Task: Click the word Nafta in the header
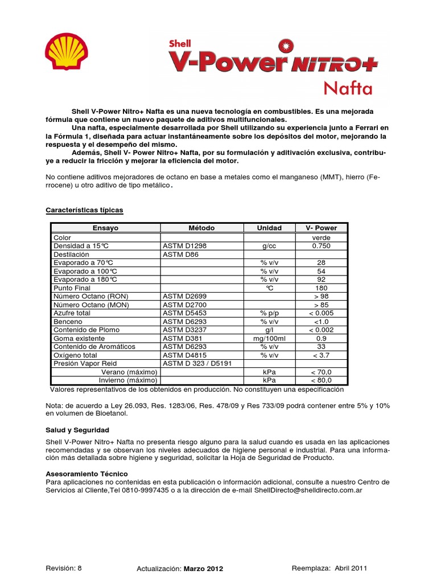click(348, 88)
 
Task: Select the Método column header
click(201, 228)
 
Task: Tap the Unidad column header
click(269, 228)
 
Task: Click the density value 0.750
click(321, 246)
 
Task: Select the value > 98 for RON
click(321, 297)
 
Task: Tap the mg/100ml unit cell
click(269, 338)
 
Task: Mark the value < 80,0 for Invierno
click(321, 380)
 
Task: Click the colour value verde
click(321, 237)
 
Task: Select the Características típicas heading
click(84, 210)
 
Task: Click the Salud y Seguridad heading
click(77, 430)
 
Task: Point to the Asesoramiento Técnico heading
click(86, 474)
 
